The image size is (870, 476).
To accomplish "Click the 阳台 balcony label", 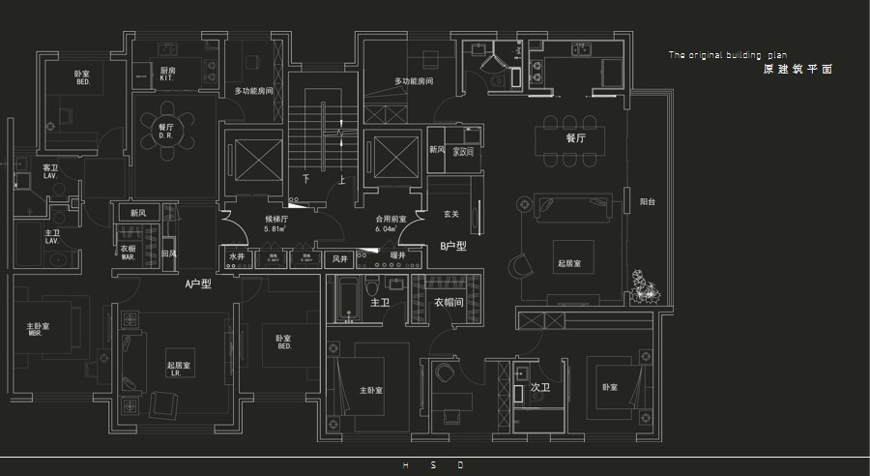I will tap(648, 202).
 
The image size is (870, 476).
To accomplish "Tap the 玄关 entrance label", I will tap(450, 213).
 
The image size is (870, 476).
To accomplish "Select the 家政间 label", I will tap(463, 151).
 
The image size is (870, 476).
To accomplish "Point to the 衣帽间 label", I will tap(449, 302).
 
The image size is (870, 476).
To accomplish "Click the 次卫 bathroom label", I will tap(539, 387).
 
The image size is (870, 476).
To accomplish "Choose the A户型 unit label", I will tap(198, 284).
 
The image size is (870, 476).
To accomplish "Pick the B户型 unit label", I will tap(452, 246).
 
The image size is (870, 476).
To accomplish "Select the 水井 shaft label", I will tap(237, 257).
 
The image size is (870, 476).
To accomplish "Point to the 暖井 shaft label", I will tap(397, 256).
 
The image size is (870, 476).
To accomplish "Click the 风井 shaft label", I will tap(339, 258).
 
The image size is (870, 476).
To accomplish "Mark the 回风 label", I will tap(169, 253).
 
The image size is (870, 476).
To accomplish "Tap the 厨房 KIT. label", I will tap(167, 74).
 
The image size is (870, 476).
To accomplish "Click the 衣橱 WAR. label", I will tap(128, 251).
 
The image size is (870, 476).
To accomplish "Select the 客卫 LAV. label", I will tap(50, 171).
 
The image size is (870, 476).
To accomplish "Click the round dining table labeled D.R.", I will tap(165, 129).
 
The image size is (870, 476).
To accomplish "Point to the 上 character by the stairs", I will tap(341, 179).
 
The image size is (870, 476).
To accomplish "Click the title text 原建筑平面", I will tap(797, 70).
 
